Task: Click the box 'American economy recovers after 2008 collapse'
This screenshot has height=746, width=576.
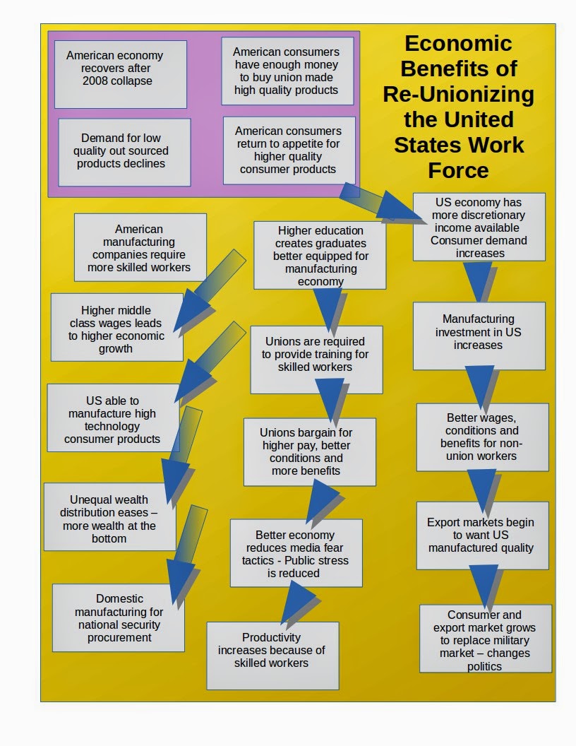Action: pyautogui.click(x=121, y=73)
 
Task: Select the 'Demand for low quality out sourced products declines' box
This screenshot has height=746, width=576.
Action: pyautogui.click(x=124, y=152)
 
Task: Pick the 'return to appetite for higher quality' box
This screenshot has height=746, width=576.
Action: pyautogui.click(x=289, y=150)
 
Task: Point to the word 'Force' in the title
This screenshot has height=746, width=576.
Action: pyautogui.click(x=459, y=170)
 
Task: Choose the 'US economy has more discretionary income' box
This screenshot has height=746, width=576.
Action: pyautogui.click(x=479, y=227)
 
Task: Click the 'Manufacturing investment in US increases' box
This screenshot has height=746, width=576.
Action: pyautogui.click(x=479, y=335)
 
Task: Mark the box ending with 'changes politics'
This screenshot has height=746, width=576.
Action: pyautogui.click(x=485, y=638)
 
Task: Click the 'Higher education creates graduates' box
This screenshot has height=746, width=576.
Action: pyautogui.click(x=320, y=255)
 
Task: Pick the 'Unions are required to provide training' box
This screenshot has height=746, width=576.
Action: pyautogui.click(x=316, y=359)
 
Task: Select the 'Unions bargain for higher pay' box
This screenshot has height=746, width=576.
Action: pyautogui.click(x=309, y=451)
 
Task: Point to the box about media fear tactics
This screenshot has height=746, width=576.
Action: pyautogui.click(x=296, y=552)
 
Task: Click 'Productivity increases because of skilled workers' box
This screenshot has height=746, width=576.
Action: pyautogui.click(x=272, y=655)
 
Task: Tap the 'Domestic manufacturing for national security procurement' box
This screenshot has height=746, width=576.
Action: pyautogui.click(x=119, y=617)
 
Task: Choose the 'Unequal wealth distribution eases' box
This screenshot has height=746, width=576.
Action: pyautogui.click(x=109, y=516)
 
